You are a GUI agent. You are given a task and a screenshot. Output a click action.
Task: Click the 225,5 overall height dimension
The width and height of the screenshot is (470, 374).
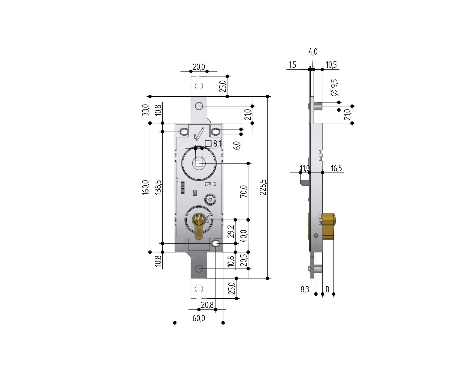(263, 188)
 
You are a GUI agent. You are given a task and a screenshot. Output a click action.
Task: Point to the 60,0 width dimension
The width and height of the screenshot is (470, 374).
(199, 318)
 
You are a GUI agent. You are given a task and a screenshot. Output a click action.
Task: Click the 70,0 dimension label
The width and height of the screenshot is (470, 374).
(244, 191)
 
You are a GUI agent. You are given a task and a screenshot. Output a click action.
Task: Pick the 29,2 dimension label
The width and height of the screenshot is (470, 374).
(231, 231)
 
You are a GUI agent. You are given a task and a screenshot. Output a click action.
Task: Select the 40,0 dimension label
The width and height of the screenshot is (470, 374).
(244, 236)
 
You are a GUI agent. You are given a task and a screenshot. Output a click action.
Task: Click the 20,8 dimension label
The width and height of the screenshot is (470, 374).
(207, 305)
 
